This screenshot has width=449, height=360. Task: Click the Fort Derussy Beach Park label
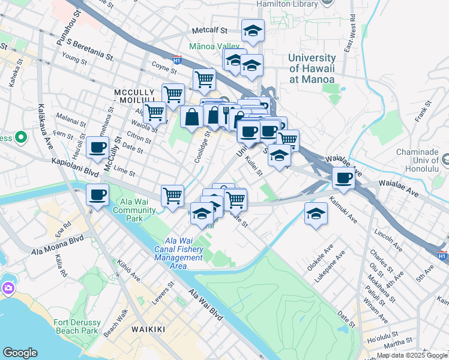[x=76, y=326]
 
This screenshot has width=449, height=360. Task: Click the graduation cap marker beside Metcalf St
[x=253, y=30]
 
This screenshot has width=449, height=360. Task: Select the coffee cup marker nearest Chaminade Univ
[x=343, y=178]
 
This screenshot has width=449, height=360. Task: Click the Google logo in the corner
[x=20, y=353]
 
